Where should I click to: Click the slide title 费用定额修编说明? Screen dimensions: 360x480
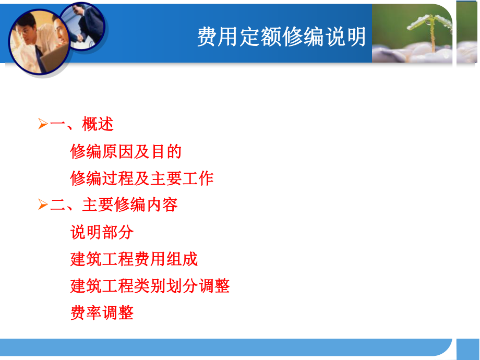click(281, 37)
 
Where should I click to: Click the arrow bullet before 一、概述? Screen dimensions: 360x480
click(43, 125)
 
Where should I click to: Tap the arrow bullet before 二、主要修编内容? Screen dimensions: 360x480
click(43, 205)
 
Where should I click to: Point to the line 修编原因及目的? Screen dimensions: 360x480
click(126, 152)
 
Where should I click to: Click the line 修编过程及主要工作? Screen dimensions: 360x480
click(142, 178)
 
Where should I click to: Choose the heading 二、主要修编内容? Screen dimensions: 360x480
click(114, 205)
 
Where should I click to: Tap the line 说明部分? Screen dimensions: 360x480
click(102, 232)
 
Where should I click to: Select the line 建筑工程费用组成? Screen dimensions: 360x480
click(134, 259)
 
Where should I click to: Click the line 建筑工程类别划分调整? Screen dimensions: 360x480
click(150, 286)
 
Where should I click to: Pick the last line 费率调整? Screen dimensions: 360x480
click(102, 313)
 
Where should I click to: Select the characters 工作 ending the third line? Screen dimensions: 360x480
click(198, 178)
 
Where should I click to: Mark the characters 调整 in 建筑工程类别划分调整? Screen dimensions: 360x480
click(214, 286)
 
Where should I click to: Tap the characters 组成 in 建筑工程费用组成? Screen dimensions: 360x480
click(182, 259)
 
